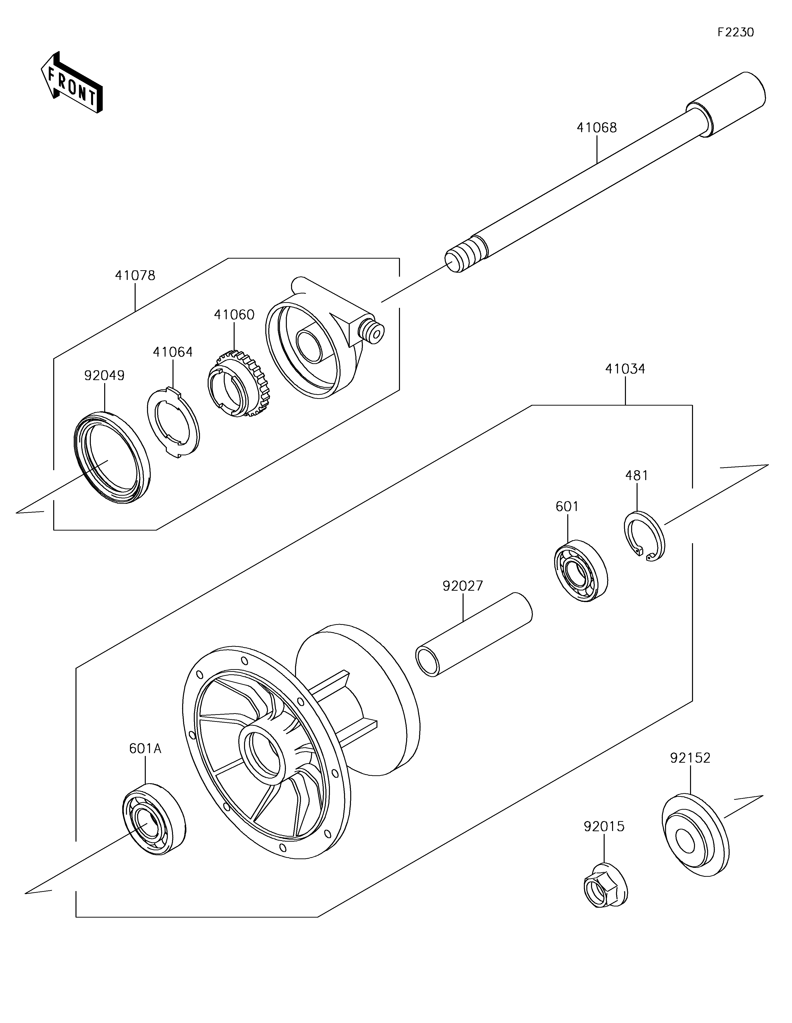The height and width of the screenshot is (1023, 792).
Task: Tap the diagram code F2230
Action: [x=735, y=32]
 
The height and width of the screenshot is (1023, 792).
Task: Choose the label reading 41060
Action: [x=234, y=315]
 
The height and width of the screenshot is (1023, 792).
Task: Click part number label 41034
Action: [x=625, y=369]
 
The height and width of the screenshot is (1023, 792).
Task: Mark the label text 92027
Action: [x=463, y=586]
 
